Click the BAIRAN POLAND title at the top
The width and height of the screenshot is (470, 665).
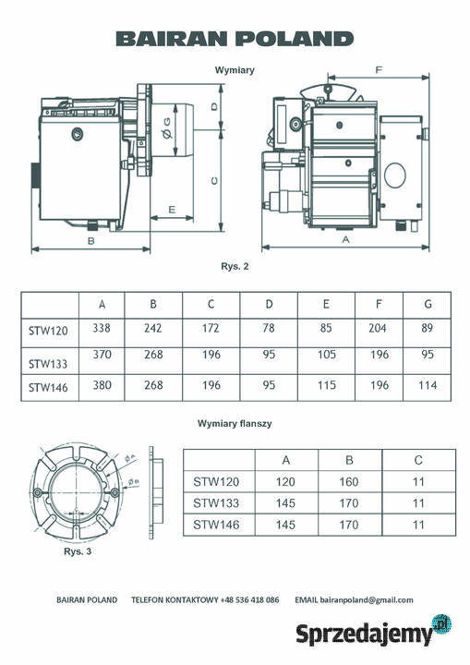pyautogui.click(x=235, y=39)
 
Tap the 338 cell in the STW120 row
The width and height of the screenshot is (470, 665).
pyautogui.click(x=102, y=328)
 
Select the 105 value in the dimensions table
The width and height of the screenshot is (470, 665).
pyautogui.click(x=327, y=354)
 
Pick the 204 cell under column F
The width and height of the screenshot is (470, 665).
pyautogui.click(x=378, y=328)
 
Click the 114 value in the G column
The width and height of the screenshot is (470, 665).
pyautogui.click(x=428, y=385)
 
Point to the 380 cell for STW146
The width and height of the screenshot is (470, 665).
pyautogui.click(x=102, y=385)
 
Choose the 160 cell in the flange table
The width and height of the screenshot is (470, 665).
pyautogui.click(x=349, y=482)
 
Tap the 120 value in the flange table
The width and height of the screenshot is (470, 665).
pyautogui.click(x=285, y=482)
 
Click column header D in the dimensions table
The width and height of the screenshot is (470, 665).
pyautogui.click(x=269, y=304)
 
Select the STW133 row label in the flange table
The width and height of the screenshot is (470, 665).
pyautogui.click(x=216, y=503)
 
